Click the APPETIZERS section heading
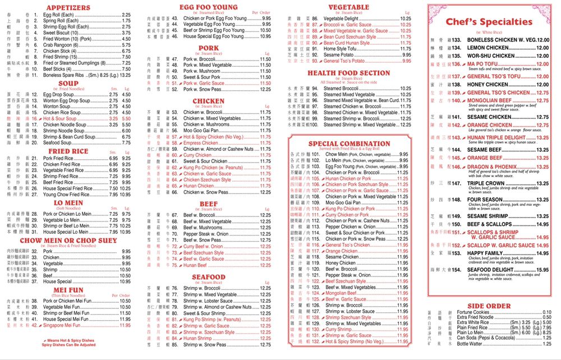(x=68, y=8)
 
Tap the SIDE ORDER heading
(x=489, y=306)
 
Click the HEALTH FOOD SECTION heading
(x=348, y=73)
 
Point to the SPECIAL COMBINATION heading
(x=348, y=144)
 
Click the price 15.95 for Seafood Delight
(x=542, y=270)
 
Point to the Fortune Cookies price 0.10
(x=547, y=312)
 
